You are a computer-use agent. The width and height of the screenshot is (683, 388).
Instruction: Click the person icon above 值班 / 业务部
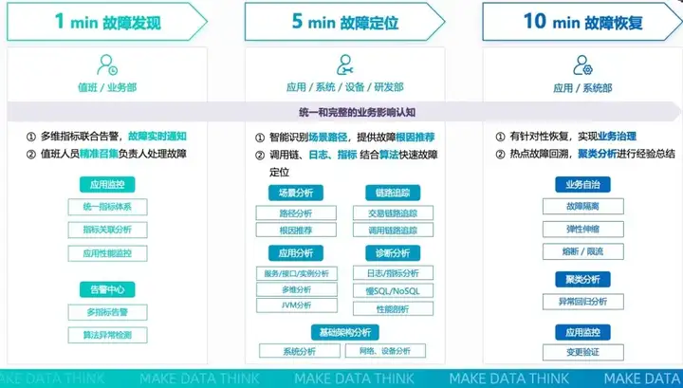click(x=107, y=65)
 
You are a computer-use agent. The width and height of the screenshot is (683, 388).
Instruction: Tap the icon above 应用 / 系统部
click(x=582, y=65)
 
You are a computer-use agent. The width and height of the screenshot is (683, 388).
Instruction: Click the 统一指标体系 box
click(x=107, y=207)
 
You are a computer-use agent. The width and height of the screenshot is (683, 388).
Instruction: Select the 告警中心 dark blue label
click(x=107, y=289)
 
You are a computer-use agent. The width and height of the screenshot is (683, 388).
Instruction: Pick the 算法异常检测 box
click(x=107, y=335)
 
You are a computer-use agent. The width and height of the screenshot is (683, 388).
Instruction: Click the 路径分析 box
click(x=295, y=213)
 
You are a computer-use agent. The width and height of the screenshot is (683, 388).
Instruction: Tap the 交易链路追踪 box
click(x=392, y=212)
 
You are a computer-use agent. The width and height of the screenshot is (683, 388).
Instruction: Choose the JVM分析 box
click(x=295, y=305)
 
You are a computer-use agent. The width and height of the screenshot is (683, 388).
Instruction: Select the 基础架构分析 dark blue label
click(x=343, y=331)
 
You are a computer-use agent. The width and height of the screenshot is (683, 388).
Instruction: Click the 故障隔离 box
click(x=582, y=206)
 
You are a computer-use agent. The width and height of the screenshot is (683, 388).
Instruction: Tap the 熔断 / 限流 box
click(x=582, y=251)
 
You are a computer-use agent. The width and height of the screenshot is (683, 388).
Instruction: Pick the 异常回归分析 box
click(x=582, y=302)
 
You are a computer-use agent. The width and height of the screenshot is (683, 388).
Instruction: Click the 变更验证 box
click(x=582, y=352)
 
